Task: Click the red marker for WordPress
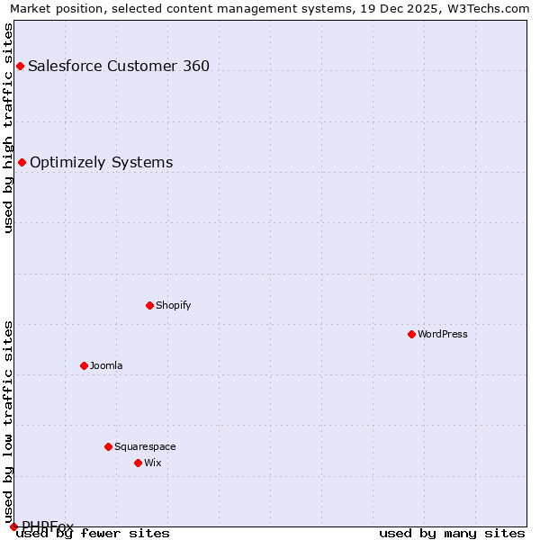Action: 411,334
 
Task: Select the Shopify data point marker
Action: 149,305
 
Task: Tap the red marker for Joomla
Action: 84,365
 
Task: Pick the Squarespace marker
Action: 108,446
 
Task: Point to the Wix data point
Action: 138,463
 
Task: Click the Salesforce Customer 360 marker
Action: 20,66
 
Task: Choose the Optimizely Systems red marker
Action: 22,162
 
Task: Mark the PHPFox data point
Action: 13,526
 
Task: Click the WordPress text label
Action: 443,334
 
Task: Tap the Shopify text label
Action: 174,305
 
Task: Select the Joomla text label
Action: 106,365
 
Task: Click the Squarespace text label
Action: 145,446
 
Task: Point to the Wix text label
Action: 153,463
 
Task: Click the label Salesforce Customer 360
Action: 119,66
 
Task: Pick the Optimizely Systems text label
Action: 102,162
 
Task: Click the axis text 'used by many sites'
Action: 452,534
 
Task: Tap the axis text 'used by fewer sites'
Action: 94,534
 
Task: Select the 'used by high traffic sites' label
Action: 8,128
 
